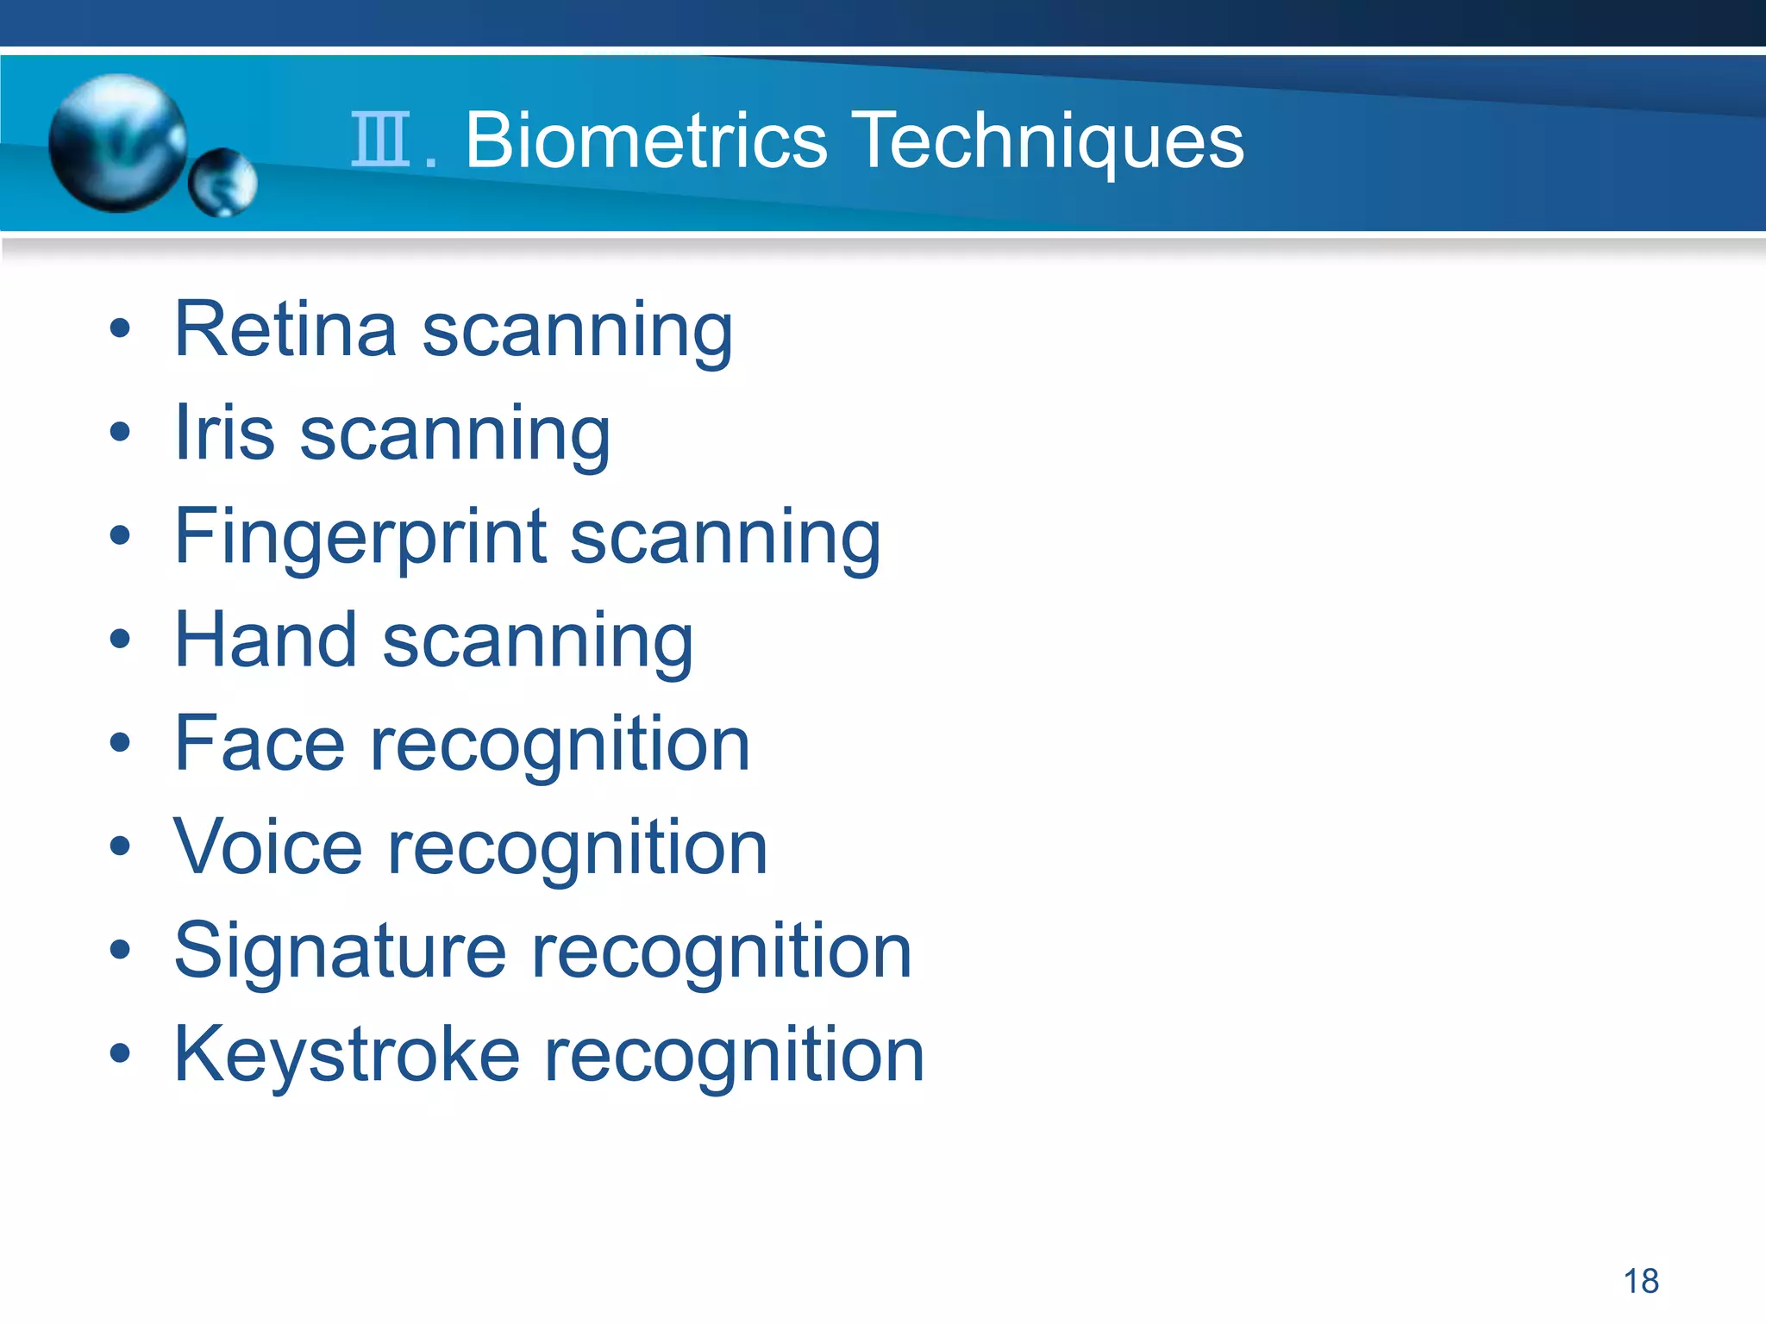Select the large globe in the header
118,142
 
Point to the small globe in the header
222,182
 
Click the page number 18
1641,1281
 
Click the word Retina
285,329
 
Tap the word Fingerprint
360,538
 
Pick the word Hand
266,640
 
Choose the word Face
260,743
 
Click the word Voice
268,846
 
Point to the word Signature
340,952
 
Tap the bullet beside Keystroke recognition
120,1053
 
